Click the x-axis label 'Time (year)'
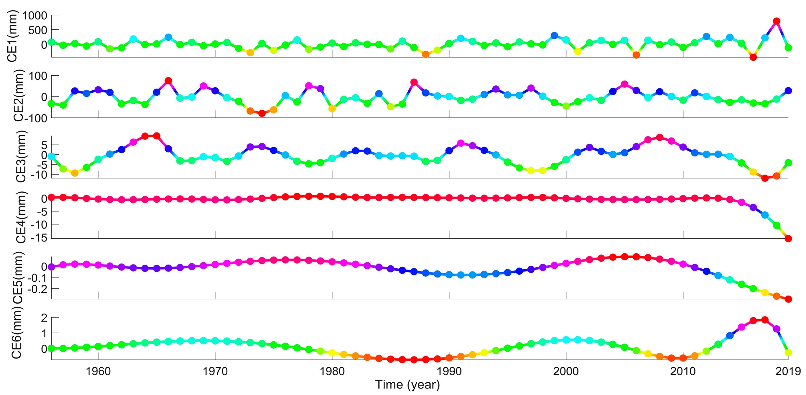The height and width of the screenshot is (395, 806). (x=407, y=385)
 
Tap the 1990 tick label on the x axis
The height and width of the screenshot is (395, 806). (x=449, y=371)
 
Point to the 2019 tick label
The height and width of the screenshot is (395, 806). (x=788, y=371)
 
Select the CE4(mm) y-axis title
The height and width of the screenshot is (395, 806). (x=21, y=217)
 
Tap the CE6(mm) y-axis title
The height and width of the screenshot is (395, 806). (x=16, y=333)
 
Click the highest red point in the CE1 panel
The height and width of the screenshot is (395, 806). (x=776, y=21)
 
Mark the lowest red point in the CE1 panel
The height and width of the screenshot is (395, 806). (x=753, y=57)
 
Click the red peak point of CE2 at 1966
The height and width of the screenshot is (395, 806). (x=168, y=81)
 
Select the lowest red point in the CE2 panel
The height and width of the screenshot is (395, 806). (x=262, y=113)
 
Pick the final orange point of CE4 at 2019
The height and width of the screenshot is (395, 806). (x=788, y=239)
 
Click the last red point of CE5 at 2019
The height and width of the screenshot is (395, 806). (x=788, y=299)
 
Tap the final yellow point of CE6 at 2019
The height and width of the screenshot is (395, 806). (x=788, y=352)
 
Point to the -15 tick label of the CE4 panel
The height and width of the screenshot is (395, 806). (x=39, y=238)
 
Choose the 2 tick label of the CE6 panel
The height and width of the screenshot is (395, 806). (x=44, y=318)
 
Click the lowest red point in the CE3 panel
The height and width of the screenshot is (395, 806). (x=765, y=178)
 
